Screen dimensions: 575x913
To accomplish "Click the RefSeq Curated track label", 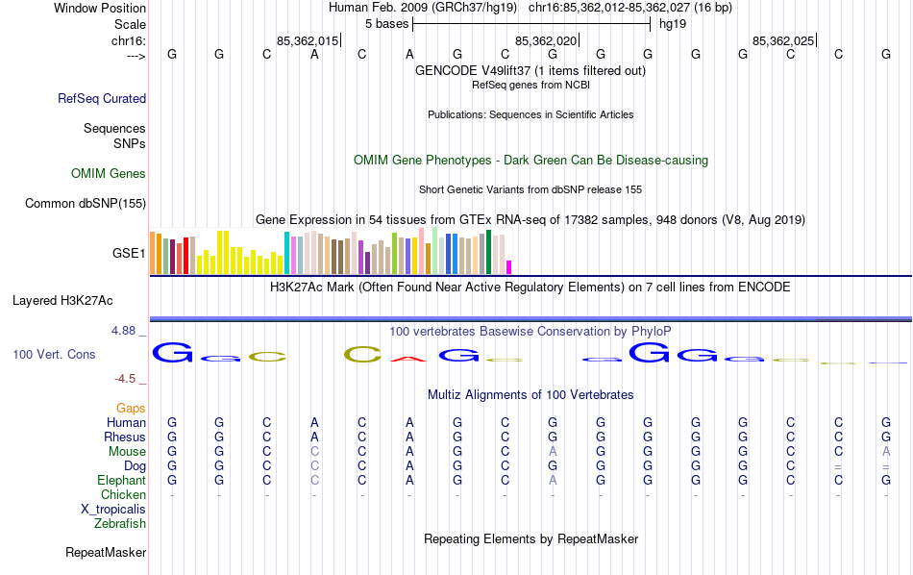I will coord(102,98).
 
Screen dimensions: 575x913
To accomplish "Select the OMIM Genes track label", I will coord(109,174).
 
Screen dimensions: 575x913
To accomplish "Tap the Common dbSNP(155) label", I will coord(86,203).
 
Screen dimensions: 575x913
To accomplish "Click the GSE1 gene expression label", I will coord(129,254).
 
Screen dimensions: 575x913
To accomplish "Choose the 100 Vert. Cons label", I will coord(54,355).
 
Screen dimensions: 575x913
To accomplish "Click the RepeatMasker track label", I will coord(106,553).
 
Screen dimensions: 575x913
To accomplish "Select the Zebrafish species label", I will coord(120,524).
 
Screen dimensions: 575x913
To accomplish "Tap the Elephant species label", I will coord(121,481).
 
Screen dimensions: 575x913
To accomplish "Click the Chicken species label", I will coord(123,495).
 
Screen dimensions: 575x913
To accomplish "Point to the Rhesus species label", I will coord(125,437).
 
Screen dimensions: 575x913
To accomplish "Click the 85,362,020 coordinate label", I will coord(546,41).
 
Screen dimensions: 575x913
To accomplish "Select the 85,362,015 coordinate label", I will coord(308,41).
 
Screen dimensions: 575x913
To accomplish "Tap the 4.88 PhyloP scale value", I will coord(125,331).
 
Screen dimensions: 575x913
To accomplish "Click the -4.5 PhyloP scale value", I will coord(127,379).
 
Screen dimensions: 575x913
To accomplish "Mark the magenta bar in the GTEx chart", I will coord(509,267).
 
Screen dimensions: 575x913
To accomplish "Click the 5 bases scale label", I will coord(386,23).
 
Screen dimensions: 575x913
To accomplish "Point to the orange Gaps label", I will coord(131,409).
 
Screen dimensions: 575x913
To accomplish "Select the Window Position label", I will coord(100,8).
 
